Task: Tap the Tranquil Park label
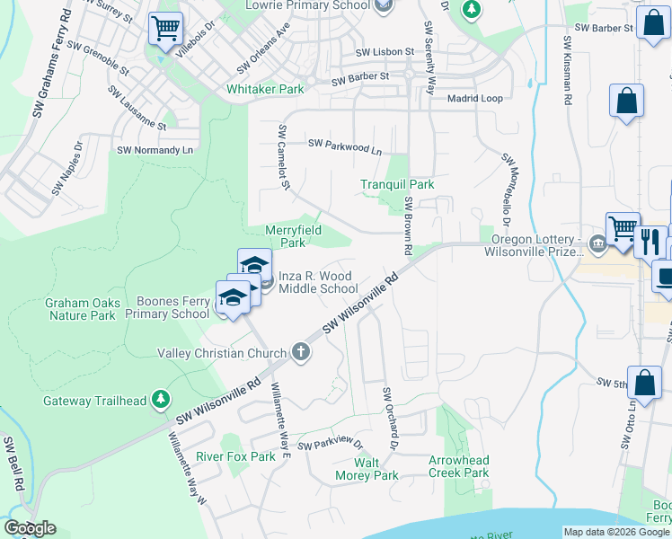(397, 184)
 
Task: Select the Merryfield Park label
(292, 236)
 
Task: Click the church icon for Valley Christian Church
(303, 353)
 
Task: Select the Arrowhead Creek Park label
(458, 466)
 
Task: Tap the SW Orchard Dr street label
(390, 419)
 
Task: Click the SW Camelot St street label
(284, 158)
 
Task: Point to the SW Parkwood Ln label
(345, 146)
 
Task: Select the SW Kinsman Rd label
(568, 72)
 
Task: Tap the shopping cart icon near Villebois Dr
(165, 29)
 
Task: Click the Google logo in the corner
(30, 528)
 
